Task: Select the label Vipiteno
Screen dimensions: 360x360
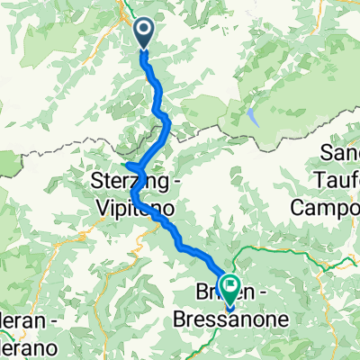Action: [139, 206]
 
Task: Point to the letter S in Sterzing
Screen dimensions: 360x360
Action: [97, 182]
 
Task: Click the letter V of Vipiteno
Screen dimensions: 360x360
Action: [101, 206]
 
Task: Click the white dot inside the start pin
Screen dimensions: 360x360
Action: [144, 30]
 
